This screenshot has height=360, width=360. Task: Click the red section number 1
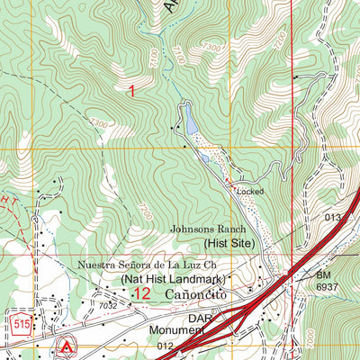click(x=132, y=91)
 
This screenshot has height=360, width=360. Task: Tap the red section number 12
click(x=140, y=294)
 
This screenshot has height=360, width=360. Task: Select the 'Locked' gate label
click(x=249, y=192)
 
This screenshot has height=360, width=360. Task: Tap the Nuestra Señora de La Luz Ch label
click(x=148, y=266)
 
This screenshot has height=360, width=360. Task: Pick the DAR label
click(x=200, y=317)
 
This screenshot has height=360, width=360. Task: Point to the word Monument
click(x=178, y=330)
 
